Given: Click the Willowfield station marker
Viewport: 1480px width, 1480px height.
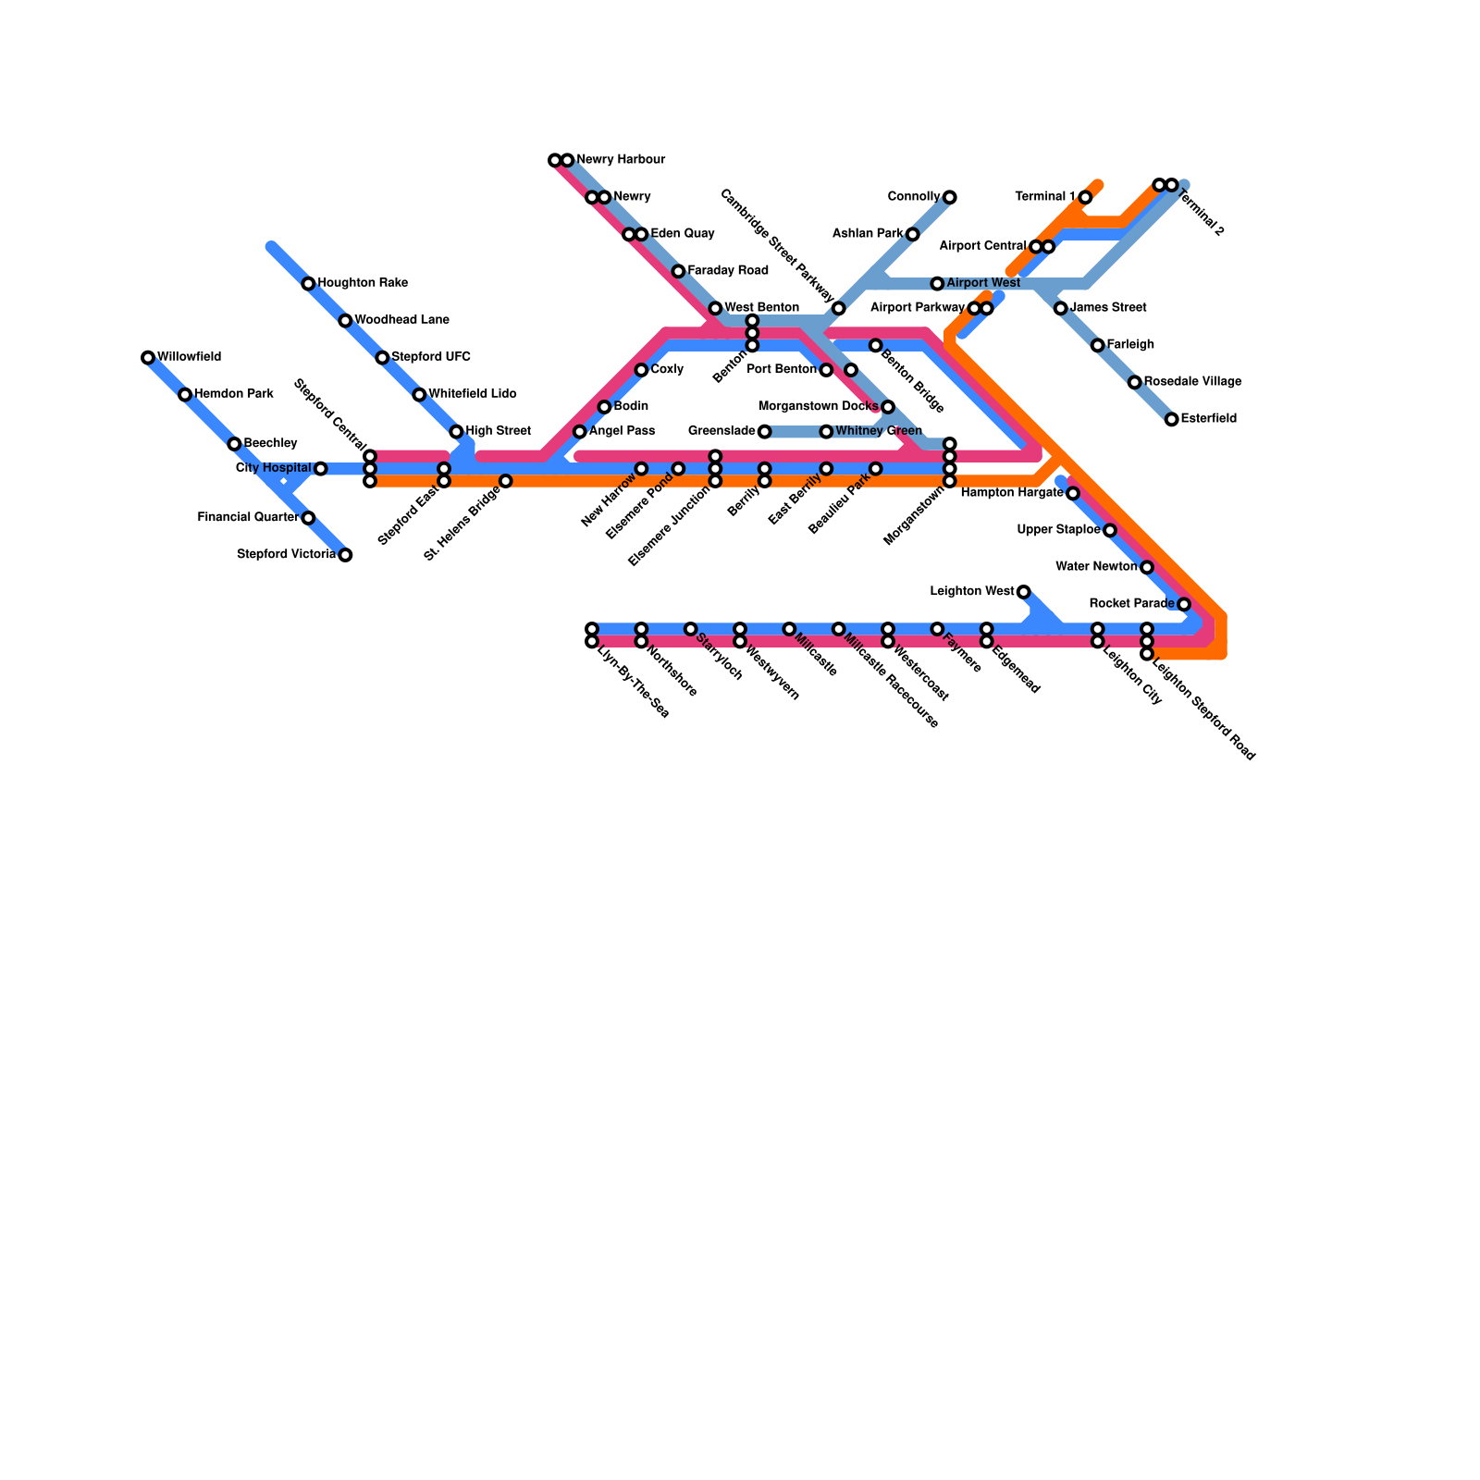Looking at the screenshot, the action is point(148,357).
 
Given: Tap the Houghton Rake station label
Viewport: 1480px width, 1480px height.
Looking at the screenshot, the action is point(362,283).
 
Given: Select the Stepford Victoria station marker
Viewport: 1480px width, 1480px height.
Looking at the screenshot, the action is point(345,555).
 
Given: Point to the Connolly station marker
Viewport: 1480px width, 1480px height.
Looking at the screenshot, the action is point(950,197).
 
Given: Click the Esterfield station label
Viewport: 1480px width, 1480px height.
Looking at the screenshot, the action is point(1208,419).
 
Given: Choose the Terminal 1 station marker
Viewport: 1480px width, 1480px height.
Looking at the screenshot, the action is point(1085,197).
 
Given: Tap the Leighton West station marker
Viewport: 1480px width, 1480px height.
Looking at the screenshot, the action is point(1023,592).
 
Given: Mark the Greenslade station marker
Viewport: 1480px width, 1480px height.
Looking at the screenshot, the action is point(764,432).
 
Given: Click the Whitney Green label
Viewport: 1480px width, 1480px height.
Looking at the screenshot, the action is point(879,431).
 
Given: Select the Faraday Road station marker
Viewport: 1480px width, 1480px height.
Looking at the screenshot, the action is point(678,271).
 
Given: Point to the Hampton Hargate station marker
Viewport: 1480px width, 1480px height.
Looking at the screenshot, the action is point(1073,493).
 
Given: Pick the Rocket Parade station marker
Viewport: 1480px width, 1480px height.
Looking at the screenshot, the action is point(1184,604).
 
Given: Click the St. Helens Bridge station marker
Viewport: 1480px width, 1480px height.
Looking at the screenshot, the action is point(505,481).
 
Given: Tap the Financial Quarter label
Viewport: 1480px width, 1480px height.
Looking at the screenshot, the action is point(248,517).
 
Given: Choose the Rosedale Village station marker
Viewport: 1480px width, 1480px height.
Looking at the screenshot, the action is point(1134,382).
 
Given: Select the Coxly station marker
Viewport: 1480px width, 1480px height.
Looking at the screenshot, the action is point(641,370).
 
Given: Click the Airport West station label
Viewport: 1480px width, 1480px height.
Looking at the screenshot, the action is point(983,283).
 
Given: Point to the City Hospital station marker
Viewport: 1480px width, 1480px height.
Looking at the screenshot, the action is point(320,469).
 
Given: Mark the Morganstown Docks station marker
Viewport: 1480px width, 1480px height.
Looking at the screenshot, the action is point(888,407).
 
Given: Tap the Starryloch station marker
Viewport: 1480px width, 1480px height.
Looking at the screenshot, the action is point(690,629).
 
